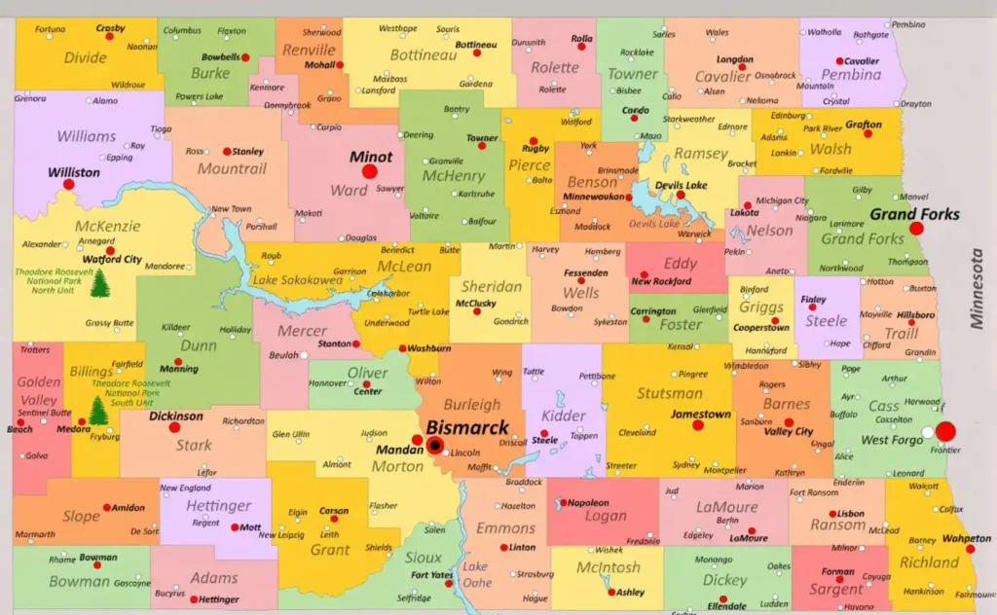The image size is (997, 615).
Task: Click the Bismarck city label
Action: tap(467, 428)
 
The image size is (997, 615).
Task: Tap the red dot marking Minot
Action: tap(369, 171)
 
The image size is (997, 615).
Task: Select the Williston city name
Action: tap(74, 172)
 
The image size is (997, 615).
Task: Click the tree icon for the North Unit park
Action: tap(99, 283)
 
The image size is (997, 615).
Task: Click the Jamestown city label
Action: tap(700, 415)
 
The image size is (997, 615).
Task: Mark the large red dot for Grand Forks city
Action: tap(916, 229)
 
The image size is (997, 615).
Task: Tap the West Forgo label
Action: tap(892, 441)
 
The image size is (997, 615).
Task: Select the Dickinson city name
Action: tap(176, 416)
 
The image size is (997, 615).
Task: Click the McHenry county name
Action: tap(453, 176)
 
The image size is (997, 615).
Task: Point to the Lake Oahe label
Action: tap(476, 574)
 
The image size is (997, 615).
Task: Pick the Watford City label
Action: tap(112, 260)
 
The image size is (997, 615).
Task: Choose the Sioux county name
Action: tap(424, 559)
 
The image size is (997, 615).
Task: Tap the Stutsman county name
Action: tap(669, 394)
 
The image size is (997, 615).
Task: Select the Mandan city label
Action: tap(398, 452)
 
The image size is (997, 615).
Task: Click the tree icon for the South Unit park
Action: tap(98, 411)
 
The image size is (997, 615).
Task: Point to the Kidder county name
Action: tap(564, 416)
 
